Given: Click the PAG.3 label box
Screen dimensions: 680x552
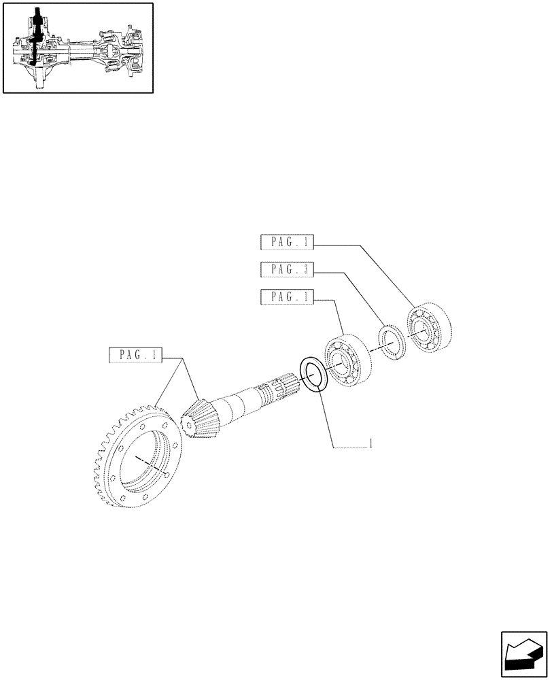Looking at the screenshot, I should [286, 270].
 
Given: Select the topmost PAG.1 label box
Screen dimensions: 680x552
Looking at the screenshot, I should [286, 243].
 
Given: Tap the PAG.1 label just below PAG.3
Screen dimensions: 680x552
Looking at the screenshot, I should [286, 297].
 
